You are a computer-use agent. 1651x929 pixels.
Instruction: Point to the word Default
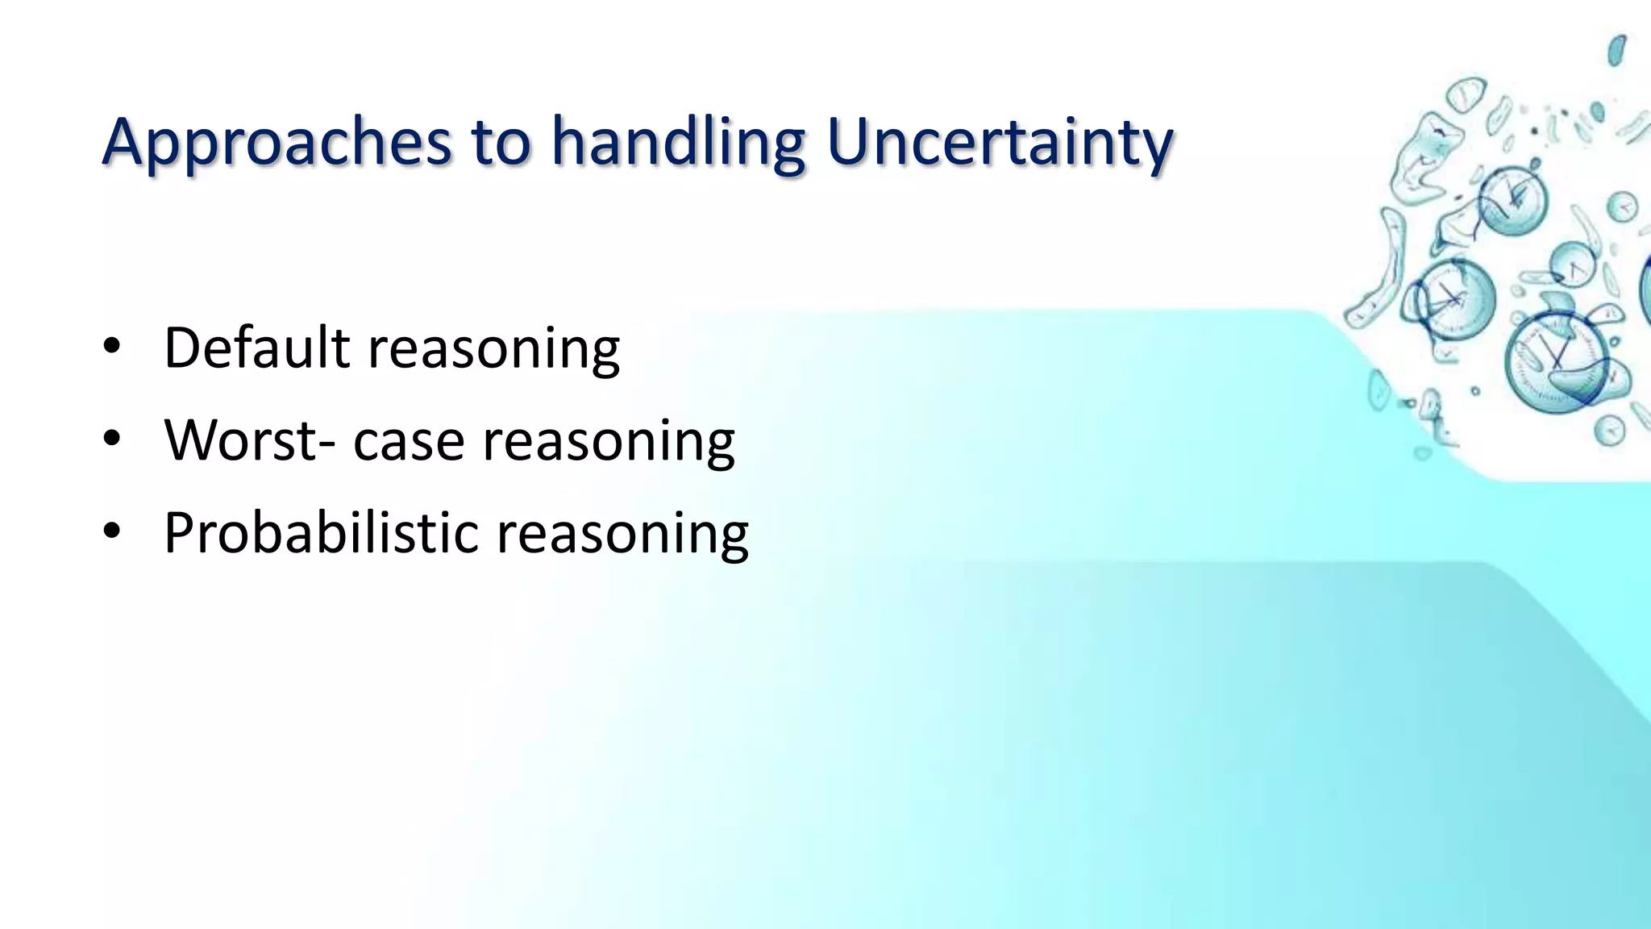click(256, 348)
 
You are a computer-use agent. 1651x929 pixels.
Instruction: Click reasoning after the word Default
click(493, 348)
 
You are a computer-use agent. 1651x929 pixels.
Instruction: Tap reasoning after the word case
click(609, 440)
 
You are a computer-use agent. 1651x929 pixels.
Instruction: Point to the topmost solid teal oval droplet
click(1616, 51)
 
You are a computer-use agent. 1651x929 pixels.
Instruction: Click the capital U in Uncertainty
click(850, 142)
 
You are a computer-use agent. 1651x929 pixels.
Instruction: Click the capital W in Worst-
click(193, 440)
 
